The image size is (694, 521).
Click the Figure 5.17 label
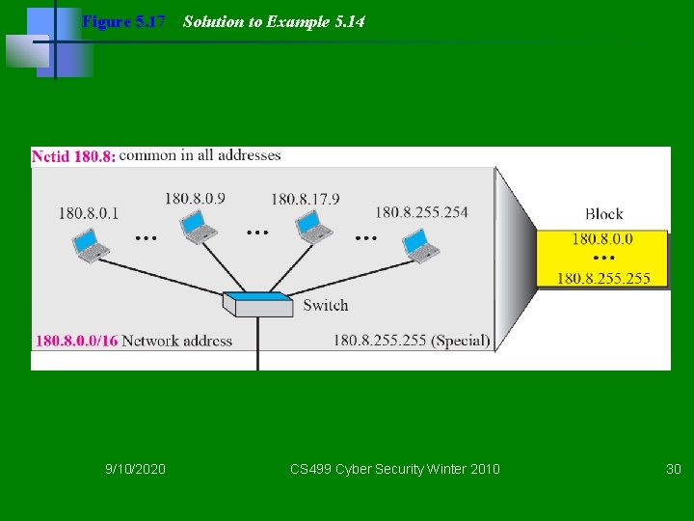(x=123, y=21)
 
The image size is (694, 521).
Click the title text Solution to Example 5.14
(x=274, y=21)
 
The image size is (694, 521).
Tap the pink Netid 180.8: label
(x=74, y=155)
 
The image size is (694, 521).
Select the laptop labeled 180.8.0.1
(x=92, y=246)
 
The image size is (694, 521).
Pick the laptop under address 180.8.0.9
(x=199, y=227)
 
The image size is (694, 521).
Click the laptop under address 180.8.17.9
(x=314, y=227)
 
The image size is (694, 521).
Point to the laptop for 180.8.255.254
(x=421, y=246)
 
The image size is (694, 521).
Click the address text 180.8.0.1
(x=88, y=213)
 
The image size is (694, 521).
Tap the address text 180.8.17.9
(x=305, y=199)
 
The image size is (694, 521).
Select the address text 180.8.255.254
(x=421, y=212)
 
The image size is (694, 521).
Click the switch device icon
(x=257, y=303)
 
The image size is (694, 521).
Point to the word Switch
(x=325, y=305)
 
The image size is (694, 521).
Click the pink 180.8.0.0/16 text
(x=77, y=341)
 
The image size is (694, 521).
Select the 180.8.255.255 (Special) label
(x=412, y=341)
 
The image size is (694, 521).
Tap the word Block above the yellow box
(x=603, y=214)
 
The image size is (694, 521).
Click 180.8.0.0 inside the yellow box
(x=602, y=239)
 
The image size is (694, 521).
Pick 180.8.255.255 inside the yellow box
(x=603, y=278)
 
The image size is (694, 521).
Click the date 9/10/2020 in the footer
(x=135, y=469)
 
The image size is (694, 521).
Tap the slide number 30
(x=673, y=469)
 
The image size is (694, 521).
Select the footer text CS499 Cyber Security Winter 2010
(x=395, y=469)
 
